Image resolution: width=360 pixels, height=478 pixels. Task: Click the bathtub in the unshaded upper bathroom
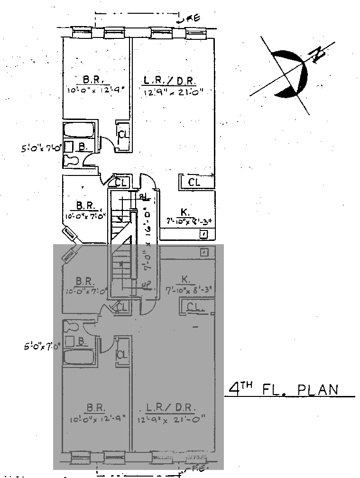pyautogui.click(x=79, y=130)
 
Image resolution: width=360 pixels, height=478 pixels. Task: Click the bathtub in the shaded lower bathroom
pyautogui.click(x=79, y=357)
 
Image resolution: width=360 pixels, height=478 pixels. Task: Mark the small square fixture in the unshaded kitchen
pyautogui.click(x=204, y=234)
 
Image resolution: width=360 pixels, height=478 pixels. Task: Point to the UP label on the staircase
pyautogui.click(x=146, y=284)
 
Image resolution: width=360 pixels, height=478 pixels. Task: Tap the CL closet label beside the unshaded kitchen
pyautogui.click(x=194, y=182)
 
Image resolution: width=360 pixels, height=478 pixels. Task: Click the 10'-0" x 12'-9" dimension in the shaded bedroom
pyautogui.click(x=96, y=418)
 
